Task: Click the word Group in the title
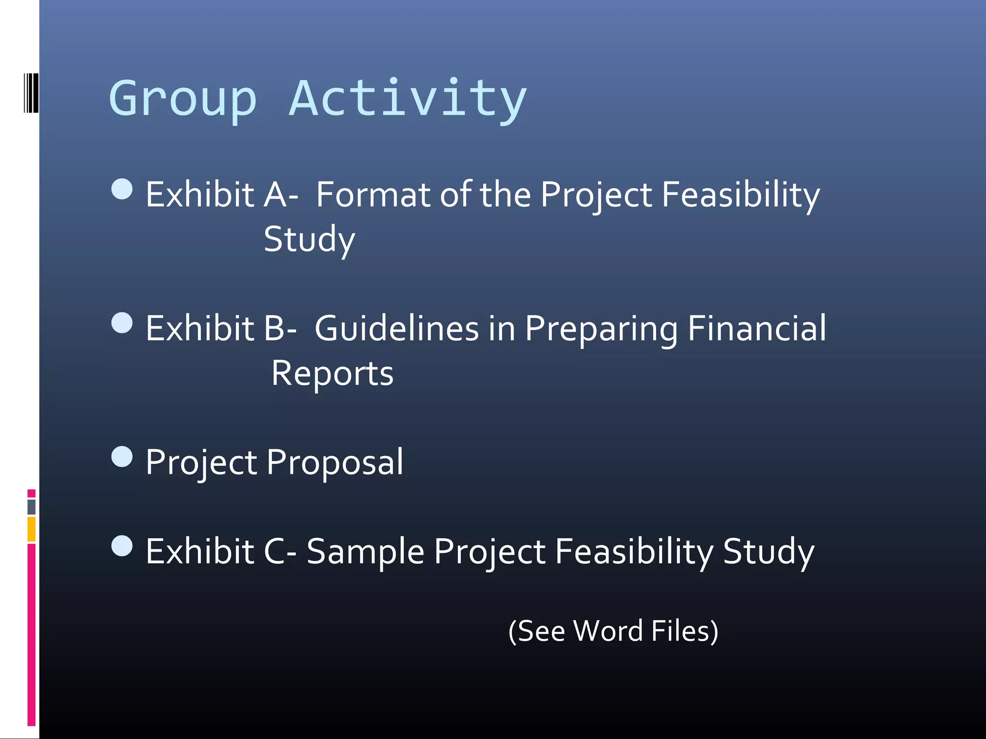(183, 99)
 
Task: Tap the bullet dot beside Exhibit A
(122, 189)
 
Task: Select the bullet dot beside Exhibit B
(122, 323)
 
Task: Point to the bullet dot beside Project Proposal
(122, 457)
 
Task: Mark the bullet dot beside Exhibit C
(122, 546)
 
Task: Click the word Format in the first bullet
(373, 195)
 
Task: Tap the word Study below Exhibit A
(309, 240)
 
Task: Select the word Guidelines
(397, 329)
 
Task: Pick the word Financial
(757, 329)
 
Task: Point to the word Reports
(332, 374)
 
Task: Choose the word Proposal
(335, 462)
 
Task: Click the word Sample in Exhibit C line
(365, 552)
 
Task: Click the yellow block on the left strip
(31, 529)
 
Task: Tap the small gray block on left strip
(31, 507)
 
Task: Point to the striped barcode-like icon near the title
(31, 93)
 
